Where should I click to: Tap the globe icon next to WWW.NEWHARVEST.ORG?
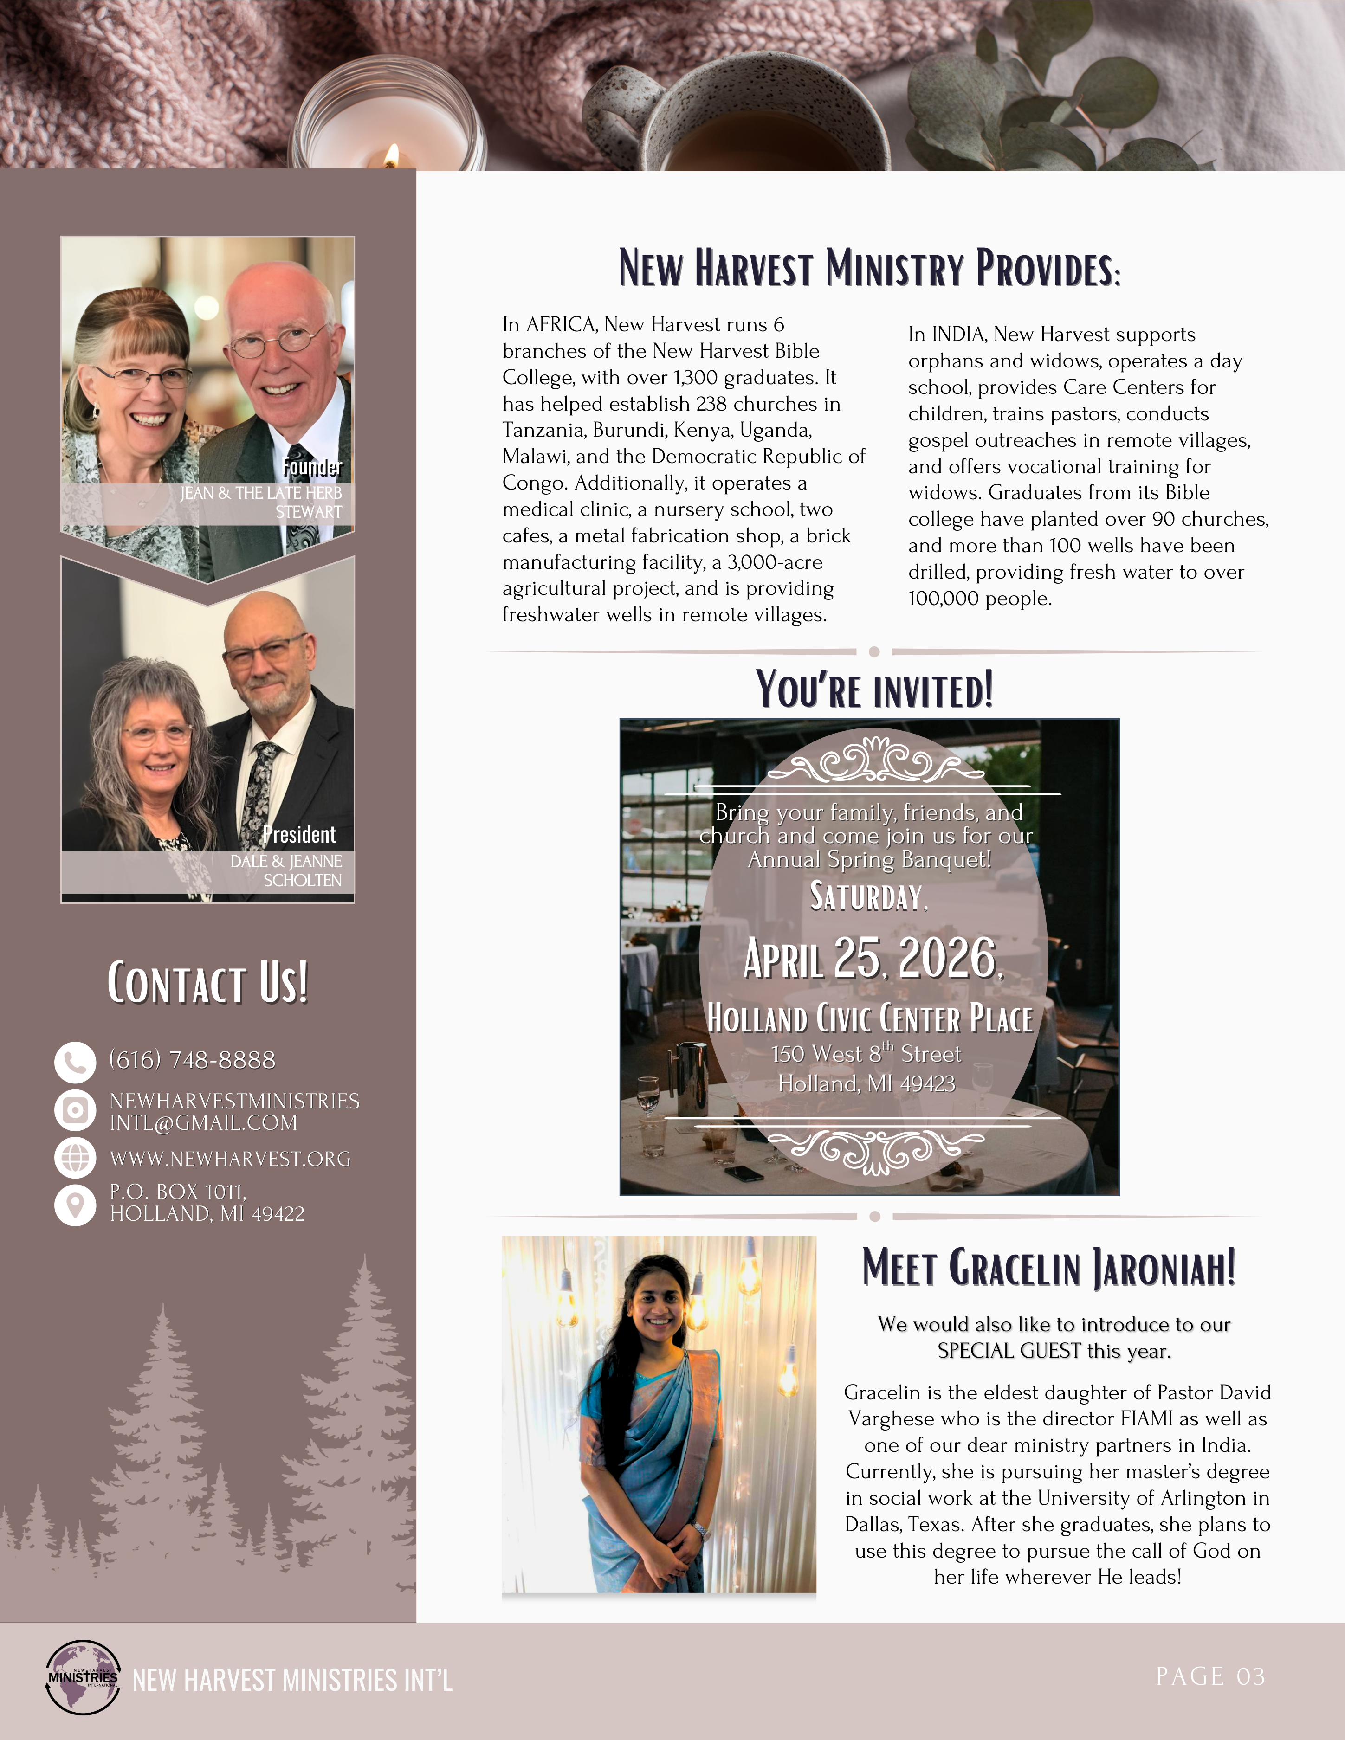[x=75, y=1158]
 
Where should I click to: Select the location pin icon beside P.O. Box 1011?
[x=75, y=1205]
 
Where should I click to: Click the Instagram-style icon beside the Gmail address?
[x=75, y=1110]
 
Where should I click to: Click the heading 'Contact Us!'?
[x=207, y=983]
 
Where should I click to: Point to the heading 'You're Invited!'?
[x=874, y=690]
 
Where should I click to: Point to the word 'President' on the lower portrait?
[x=300, y=834]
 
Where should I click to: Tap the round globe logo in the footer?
[x=83, y=1677]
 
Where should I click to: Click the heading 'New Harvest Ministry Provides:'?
[x=869, y=269]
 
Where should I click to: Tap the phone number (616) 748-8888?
[x=192, y=1060]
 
